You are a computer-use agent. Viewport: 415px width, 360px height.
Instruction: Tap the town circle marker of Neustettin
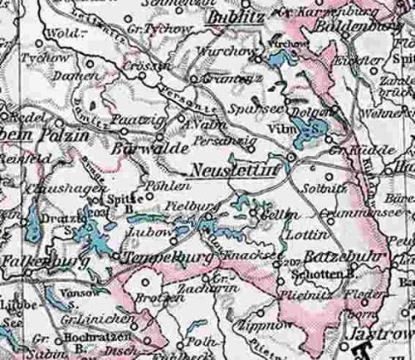point(290,156)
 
